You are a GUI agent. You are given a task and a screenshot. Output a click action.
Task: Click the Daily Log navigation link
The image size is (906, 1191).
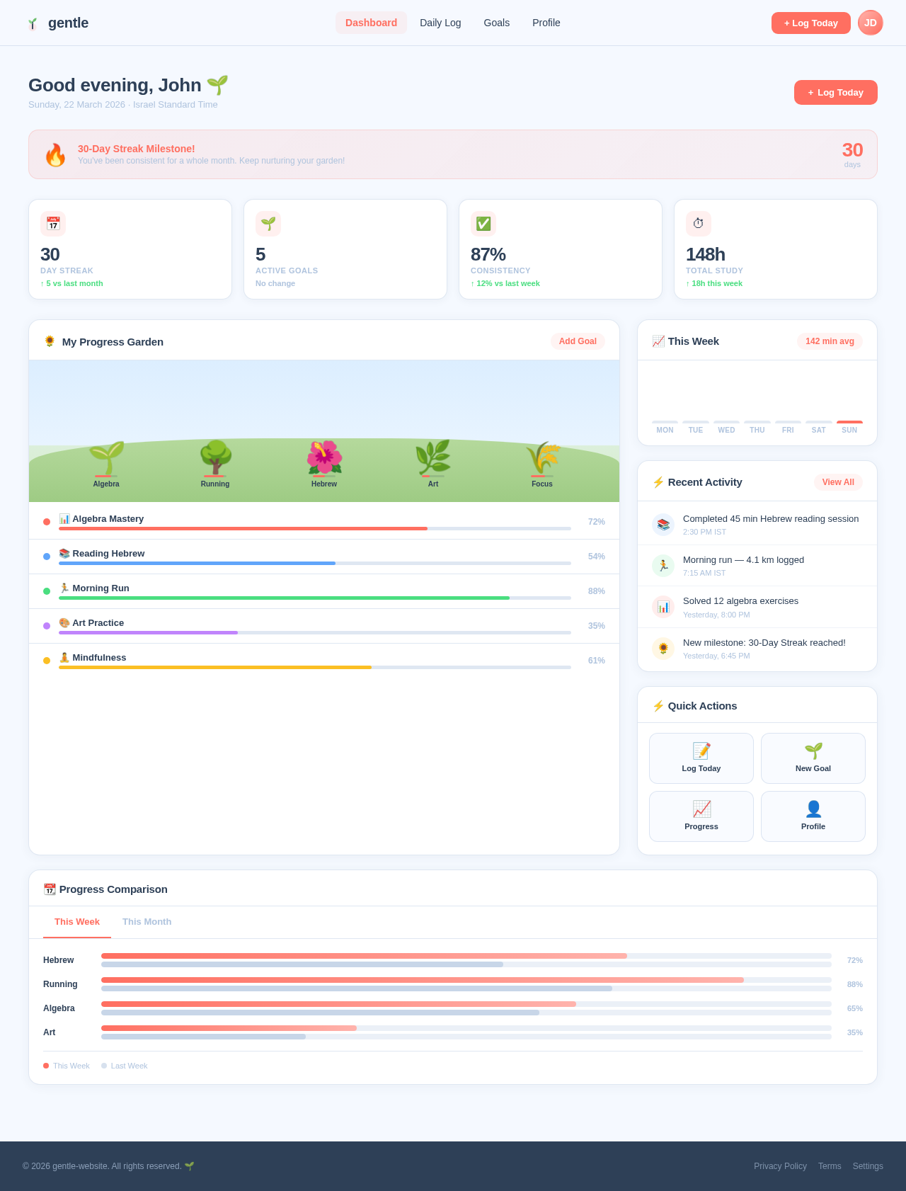click(440, 23)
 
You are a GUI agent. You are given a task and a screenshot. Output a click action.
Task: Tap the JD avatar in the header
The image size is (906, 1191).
click(870, 23)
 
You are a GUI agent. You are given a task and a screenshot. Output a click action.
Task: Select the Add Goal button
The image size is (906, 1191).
click(578, 341)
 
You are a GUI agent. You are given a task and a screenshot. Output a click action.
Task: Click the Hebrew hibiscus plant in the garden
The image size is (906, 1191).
click(324, 458)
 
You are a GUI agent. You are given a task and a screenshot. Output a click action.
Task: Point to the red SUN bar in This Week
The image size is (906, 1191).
click(849, 422)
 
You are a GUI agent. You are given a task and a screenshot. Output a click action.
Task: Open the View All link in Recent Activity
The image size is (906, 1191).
click(838, 482)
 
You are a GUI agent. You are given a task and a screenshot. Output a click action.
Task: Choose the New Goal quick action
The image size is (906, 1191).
click(813, 758)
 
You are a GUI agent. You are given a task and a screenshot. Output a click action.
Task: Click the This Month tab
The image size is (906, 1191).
click(147, 922)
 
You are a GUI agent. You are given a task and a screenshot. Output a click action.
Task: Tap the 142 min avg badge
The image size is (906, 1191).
click(830, 341)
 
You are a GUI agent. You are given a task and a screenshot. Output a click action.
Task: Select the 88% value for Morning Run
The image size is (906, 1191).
click(596, 591)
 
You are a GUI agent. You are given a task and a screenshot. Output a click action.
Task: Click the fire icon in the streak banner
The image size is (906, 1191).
click(55, 155)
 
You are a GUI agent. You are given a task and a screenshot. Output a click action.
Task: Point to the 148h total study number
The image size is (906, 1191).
click(705, 254)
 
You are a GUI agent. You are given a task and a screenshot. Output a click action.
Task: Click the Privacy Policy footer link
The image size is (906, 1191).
click(780, 1166)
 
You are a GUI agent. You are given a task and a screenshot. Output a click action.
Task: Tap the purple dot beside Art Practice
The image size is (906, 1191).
click(47, 626)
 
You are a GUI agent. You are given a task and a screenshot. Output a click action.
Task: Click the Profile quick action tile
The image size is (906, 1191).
click(813, 816)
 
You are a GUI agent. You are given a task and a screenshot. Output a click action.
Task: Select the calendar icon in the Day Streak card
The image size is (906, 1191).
click(53, 224)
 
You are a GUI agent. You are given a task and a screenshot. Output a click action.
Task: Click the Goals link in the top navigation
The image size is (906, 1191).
click(496, 23)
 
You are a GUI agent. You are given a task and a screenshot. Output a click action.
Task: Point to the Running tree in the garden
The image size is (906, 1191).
click(215, 458)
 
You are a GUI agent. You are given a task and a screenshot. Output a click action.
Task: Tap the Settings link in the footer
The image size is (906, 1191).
click(868, 1166)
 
